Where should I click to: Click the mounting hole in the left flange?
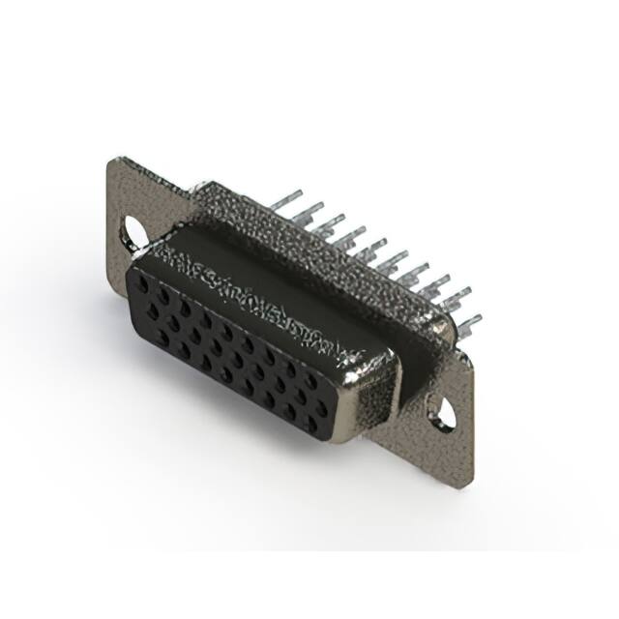[x=135, y=232]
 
